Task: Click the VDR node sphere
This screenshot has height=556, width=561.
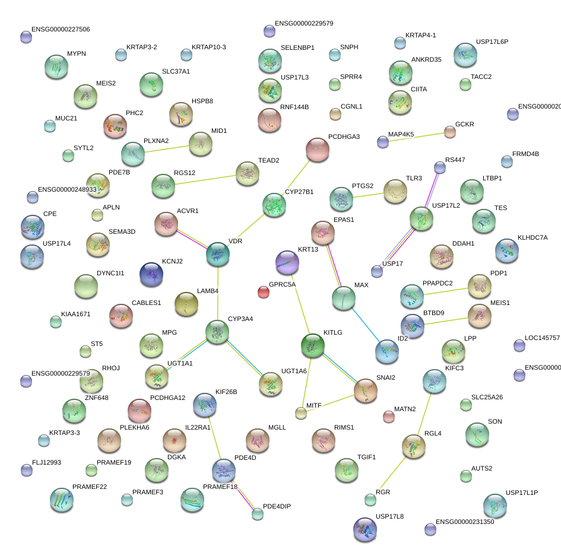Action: (218, 254)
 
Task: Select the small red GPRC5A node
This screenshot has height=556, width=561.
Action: (264, 291)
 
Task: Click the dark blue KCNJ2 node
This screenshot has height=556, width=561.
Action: (151, 274)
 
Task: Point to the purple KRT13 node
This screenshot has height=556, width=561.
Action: (287, 262)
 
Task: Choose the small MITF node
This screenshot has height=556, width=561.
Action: (301, 413)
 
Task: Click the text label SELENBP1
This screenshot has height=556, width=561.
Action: (297, 47)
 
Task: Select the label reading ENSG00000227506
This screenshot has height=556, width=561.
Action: (61, 29)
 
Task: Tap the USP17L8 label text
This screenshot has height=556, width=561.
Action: (389, 516)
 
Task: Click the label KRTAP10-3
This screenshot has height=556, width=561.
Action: (208, 47)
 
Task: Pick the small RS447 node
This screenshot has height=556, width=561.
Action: (439, 168)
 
